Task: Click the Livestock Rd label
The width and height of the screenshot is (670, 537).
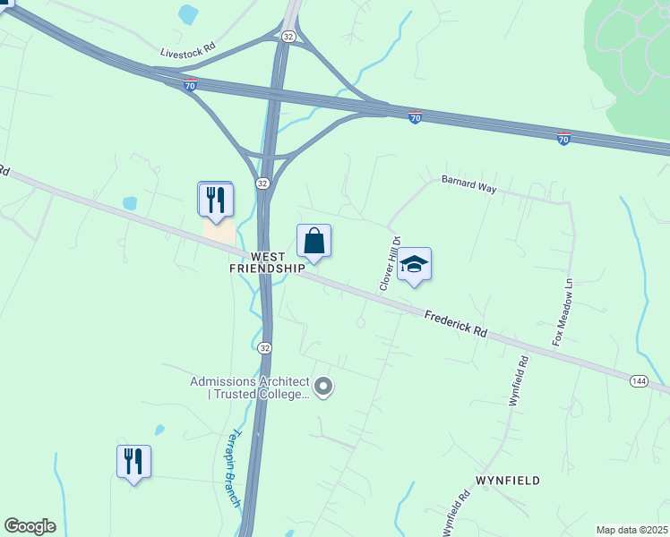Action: pos(188,53)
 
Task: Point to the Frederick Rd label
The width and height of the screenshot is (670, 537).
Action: pos(456,323)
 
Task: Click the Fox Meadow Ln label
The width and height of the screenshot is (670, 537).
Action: pos(561,313)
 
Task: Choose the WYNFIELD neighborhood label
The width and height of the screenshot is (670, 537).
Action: pos(508,481)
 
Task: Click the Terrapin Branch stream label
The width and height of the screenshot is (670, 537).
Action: pos(232,468)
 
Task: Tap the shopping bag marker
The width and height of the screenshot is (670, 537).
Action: pos(314,241)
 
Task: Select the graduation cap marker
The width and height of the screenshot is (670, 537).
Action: pos(414,264)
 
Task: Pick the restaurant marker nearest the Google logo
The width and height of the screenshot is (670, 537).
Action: pos(133,461)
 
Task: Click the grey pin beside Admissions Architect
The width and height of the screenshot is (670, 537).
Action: pos(324,388)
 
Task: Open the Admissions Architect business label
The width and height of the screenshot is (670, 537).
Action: pos(249,388)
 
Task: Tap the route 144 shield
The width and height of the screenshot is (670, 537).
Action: pos(638,381)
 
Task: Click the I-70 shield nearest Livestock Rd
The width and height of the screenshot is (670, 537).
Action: pos(190,84)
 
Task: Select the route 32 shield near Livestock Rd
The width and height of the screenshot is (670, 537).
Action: pos(288,36)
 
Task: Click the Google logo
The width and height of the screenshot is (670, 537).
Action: pos(30,526)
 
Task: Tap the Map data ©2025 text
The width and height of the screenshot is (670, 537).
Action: pos(631,530)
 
